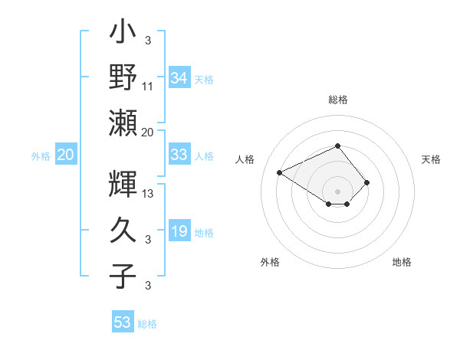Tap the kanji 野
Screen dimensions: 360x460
[x=124, y=78]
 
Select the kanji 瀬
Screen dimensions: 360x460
[x=124, y=123]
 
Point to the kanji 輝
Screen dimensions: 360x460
[x=124, y=185]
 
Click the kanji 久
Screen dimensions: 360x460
[x=124, y=231]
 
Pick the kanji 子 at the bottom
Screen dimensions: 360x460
[x=124, y=276]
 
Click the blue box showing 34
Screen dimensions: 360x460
[x=179, y=78]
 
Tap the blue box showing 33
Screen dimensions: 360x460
[x=179, y=155]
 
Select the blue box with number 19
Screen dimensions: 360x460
[x=179, y=231]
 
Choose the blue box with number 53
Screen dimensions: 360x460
[x=123, y=322]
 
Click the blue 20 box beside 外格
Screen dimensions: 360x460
[x=66, y=155]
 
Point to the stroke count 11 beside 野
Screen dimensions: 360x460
[x=149, y=86]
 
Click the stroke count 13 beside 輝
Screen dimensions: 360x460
[x=149, y=193]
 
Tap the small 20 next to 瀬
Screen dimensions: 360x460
[x=149, y=132]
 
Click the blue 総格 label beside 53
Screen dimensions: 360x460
[x=147, y=324]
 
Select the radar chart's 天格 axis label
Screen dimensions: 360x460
[x=432, y=159]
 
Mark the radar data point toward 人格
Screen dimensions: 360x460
[x=280, y=172]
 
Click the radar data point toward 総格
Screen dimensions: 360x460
[x=337, y=146]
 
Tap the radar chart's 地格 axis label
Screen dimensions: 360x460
[x=402, y=262]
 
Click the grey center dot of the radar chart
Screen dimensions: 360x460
[x=337, y=190]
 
